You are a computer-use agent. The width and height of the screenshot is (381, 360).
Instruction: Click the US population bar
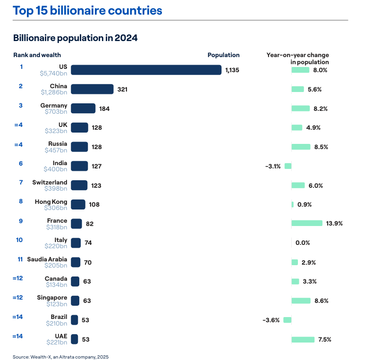pyautogui.click(x=146, y=70)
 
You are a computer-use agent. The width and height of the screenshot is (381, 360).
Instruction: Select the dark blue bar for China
pyautogui.click(x=92, y=89)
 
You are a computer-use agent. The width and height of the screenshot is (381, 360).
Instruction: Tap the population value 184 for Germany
pyautogui.click(x=104, y=109)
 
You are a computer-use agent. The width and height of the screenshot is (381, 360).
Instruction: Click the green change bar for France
pyautogui.click(x=307, y=223)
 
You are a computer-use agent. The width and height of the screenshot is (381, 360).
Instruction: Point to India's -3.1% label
pyautogui.click(x=273, y=166)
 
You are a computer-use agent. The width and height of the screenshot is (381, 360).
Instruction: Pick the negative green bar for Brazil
pyautogui.click(x=287, y=320)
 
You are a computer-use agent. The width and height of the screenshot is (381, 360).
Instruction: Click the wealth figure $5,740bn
pyautogui.click(x=53, y=74)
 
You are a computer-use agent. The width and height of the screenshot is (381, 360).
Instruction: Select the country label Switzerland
pyautogui.click(x=50, y=183)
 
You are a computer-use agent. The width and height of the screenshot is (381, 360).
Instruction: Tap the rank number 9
pyautogui.click(x=21, y=220)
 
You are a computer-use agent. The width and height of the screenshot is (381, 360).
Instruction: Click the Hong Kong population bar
pyautogui.click(x=78, y=204)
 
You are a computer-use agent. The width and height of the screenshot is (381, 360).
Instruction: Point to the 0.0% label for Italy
pyautogui.click(x=302, y=243)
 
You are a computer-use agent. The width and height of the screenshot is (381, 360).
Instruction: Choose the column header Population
pyautogui.click(x=223, y=55)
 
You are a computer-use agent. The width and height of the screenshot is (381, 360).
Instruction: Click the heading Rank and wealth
pyautogui.click(x=37, y=55)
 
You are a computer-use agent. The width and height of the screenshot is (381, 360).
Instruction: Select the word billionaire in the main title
pyautogui.click(x=79, y=10)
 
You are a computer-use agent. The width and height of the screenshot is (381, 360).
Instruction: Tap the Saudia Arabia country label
pyautogui.click(x=47, y=259)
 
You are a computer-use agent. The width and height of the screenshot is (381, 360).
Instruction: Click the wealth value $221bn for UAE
pyautogui.click(x=57, y=342)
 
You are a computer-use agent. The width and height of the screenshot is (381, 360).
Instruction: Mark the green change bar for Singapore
pyautogui.click(x=301, y=301)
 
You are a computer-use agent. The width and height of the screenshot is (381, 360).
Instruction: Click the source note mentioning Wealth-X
pyautogui.click(x=60, y=357)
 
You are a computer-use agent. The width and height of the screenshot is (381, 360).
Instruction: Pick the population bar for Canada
pyautogui.click(x=75, y=281)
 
